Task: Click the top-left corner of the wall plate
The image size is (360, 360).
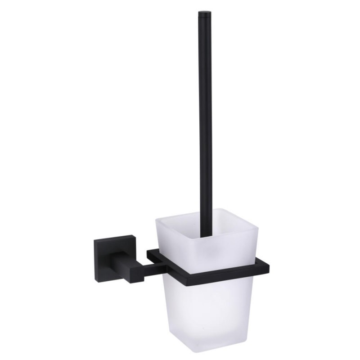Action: (94, 240)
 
